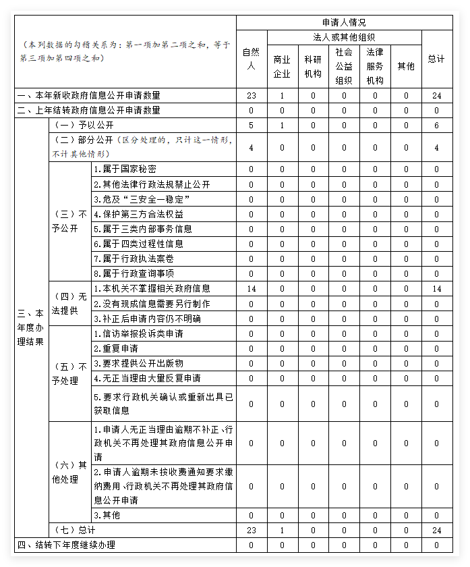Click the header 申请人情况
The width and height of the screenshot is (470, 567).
[x=344, y=22]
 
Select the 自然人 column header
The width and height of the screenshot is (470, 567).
[x=251, y=59]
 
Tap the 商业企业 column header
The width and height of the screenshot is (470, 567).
[x=282, y=66]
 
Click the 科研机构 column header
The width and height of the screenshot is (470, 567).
[x=313, y=66]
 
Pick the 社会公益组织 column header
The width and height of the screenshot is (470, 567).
[x=344, y=66]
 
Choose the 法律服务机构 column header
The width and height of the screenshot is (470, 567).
[x=375, y=66]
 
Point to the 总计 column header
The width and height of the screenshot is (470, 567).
[x=436, y=59]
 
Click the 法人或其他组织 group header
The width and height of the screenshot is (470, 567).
[x=344, y=36]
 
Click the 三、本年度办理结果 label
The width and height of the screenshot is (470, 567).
[x=30, y=327]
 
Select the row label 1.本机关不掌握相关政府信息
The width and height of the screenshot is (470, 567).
[x=152, y=289]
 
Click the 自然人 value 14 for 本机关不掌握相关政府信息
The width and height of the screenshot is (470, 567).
[x=251, y=289]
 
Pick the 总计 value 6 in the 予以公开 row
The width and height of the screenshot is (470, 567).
[x=436, y=126]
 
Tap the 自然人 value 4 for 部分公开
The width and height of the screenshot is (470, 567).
[x=251, y=147]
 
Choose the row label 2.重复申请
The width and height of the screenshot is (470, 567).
[x=116, y=348]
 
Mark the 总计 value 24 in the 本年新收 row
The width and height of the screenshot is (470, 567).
[x=436, y=96]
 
